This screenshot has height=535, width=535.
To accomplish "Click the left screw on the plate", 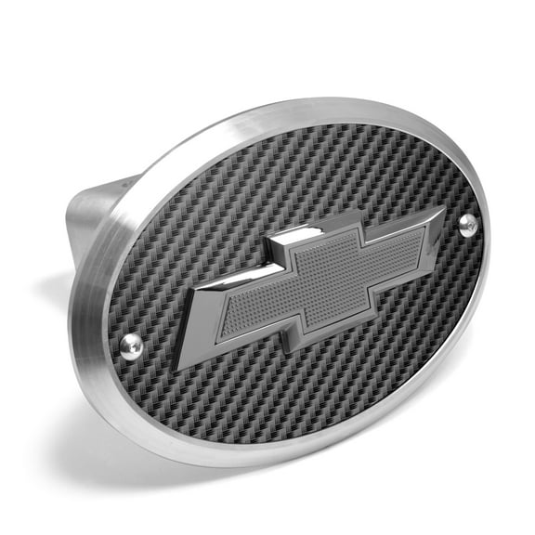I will [132, 346].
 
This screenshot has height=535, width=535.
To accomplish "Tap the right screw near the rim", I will [467, 222].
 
